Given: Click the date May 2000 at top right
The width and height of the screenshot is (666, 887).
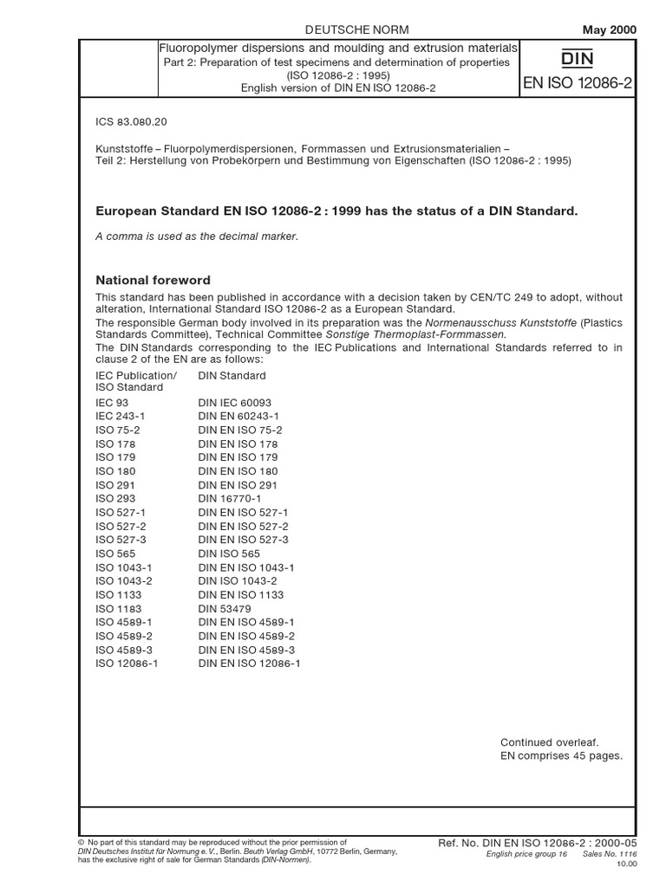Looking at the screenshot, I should pyautogui.click(x=609, y=29).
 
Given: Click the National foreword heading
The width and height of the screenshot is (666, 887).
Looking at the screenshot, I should pyautogui.click(x=153, y=280).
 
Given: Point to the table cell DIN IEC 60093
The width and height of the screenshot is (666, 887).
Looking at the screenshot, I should pyautogui.click(x=234, y=403).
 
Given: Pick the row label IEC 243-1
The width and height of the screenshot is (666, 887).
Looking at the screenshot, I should pyautogui.click(x=120, y=417).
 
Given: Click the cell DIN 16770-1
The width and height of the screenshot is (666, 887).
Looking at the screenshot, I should pyautogui.click(x=229, y=499).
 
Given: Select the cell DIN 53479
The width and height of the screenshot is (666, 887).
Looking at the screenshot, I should pyautogui.click(x=223, y=609).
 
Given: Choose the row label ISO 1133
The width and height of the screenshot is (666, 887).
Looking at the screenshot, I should pyautogui.click(x=118, y=595).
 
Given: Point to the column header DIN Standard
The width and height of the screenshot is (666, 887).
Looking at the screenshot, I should pyautogui.click(x=232, y=376).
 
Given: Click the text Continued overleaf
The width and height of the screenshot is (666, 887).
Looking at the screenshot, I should pyautogui.click(x=549, y=742).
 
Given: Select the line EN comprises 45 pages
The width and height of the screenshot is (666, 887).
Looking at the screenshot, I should pyautogui.click(x=561, y=756).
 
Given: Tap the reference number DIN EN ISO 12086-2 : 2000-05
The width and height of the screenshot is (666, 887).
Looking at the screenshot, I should pyautogui.click(x=539, y=842).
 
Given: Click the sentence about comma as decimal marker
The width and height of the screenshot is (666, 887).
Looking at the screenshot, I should pyautogui.click(x=196, y=236).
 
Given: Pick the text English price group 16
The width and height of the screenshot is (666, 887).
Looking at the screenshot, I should pyautogui.click(x=526, y=854).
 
